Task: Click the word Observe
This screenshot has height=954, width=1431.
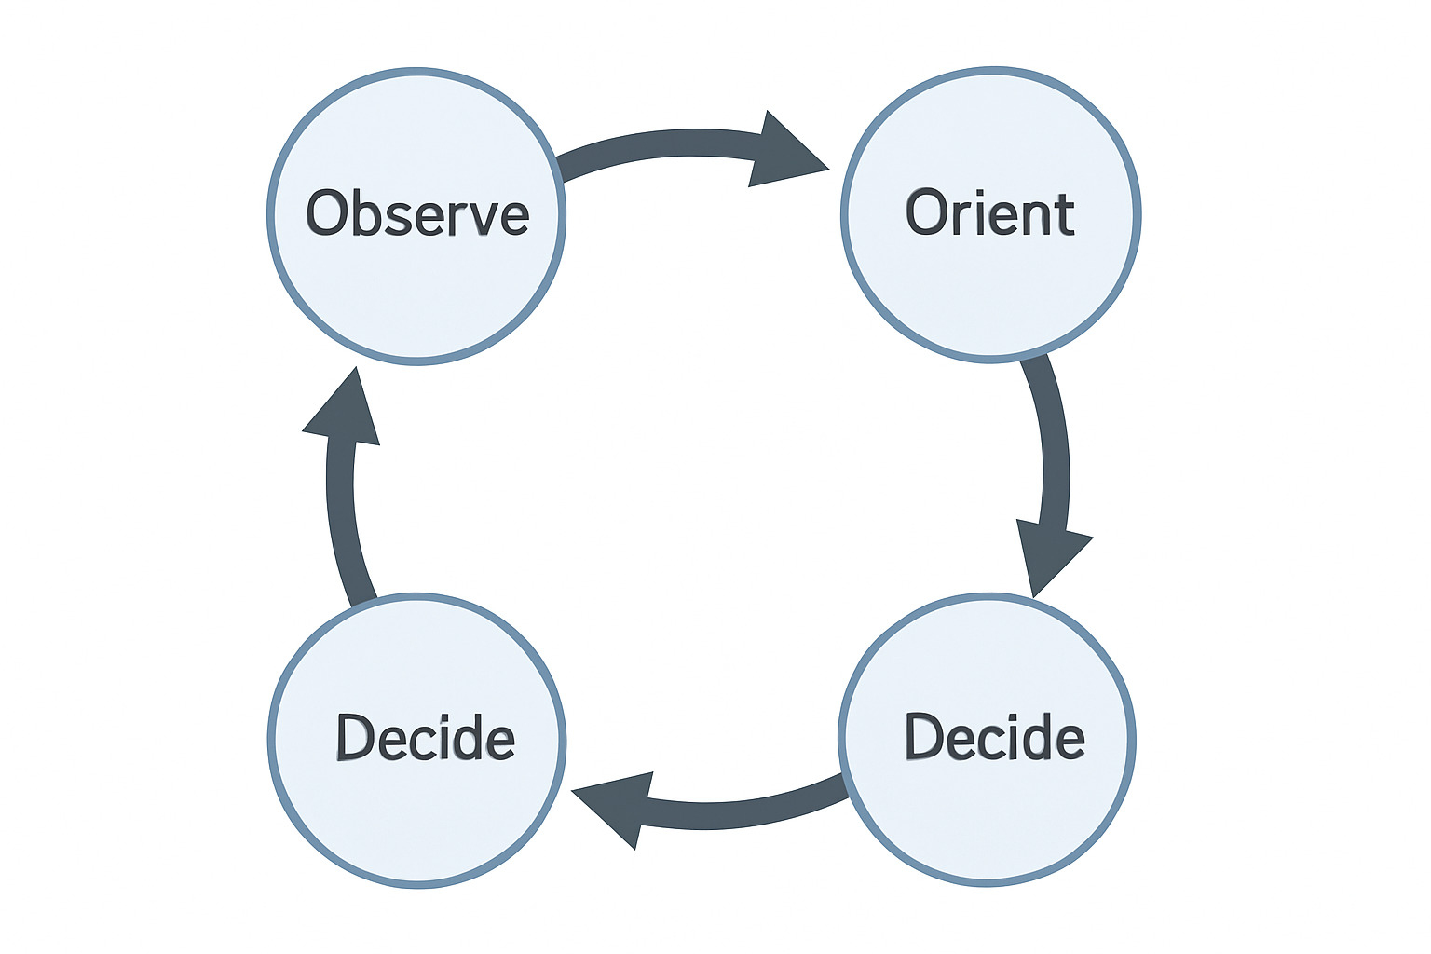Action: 417,213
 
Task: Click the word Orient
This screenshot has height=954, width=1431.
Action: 990,213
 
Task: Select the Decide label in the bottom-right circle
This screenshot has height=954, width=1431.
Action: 994,737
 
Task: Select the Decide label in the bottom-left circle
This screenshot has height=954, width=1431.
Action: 425,737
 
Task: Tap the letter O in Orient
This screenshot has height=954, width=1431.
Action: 925,213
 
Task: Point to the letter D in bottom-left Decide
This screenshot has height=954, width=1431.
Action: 354,737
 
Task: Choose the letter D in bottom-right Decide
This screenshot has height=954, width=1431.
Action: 923,737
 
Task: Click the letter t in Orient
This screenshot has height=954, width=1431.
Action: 1064,214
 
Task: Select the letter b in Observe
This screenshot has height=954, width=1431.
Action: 363,211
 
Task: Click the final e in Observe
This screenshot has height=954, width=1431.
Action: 513,219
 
